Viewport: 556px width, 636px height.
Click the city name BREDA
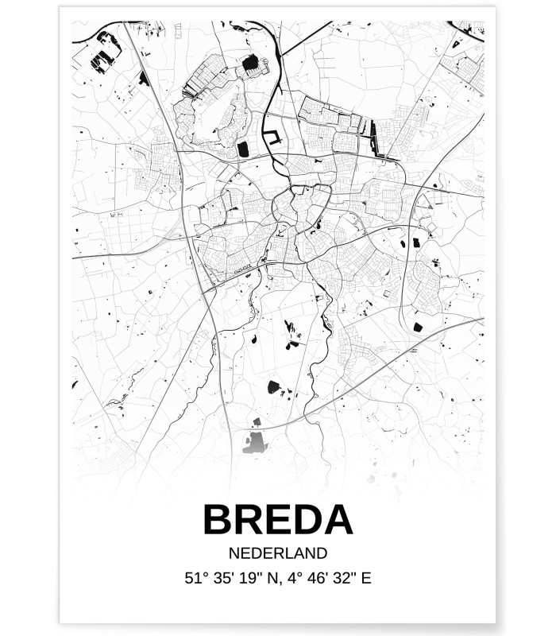pyautogui.click(x=277, y=520)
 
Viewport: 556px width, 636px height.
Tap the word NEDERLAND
pyautogui.click(x=277, y=553)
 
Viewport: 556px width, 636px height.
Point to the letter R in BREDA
pyautogui.click(x=249, y=520)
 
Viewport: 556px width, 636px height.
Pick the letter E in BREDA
pyautogui.click(x=277, y=520)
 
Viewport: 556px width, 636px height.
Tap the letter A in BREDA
pyautogui.click(x=337, y=520)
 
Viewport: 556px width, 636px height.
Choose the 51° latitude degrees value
pyautogui.click(x=195, y=578)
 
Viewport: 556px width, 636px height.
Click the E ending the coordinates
pyautogui.click(x=365, y=578)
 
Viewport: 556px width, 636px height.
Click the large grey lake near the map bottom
pyautogui.click(x=257, y=440)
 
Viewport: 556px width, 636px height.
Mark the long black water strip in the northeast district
pyautogui.click(x=373, y=137)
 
